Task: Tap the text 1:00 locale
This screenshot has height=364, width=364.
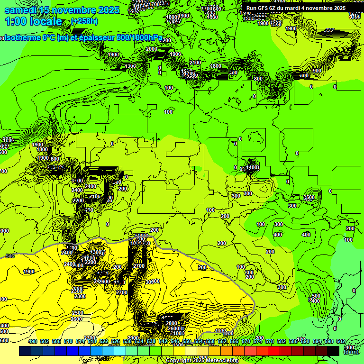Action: click(34, 21)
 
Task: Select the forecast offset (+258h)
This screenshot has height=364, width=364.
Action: click(84, 21)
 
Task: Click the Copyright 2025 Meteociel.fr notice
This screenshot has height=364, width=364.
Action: click(202, 361)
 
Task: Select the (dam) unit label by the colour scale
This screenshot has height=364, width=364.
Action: click(351, 352)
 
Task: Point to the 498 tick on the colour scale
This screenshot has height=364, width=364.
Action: click(33, 341)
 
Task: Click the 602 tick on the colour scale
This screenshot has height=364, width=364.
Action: click(340, 341)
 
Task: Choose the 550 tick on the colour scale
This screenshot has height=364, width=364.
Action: click(187, 341)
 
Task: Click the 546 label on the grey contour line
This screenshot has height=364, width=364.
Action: click(10, 256)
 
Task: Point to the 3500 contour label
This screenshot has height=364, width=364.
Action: click(309, 197)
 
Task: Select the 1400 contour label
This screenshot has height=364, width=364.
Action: click(253, 167)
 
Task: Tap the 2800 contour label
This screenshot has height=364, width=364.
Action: click(172, 323)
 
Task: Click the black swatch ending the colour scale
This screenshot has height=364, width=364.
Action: click(333, 351)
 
